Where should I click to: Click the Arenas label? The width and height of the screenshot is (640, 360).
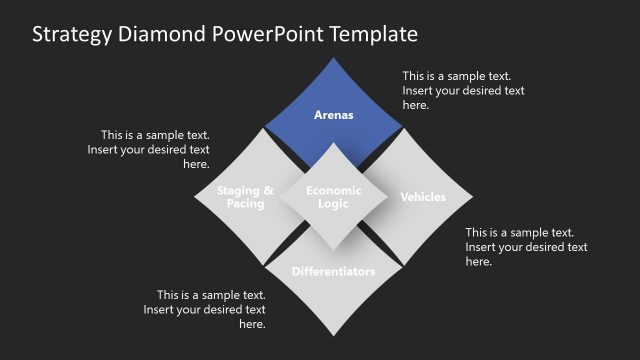[x=334, y=115]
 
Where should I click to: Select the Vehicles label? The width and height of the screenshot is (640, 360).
[x=423, y=197]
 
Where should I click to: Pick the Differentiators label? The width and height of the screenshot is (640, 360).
[x=334, y=272]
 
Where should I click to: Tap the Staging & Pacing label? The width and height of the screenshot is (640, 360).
[x=245, y=197]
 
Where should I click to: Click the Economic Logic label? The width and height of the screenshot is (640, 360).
[x=334, y=197]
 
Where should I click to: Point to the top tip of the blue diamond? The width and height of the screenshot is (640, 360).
[x=334, y=57]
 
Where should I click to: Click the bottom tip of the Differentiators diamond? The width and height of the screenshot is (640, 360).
[x=334, y=337]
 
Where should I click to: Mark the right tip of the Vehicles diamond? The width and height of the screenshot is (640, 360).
[x=473, y=197]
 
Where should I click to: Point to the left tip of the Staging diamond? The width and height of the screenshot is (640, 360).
[x=195, y=197]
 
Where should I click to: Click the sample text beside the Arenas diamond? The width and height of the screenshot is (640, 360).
[x=463, y=90]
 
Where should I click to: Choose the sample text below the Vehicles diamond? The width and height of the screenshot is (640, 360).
[x=526, y=247]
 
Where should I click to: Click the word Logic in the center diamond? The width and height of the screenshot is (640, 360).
[x=334, y=204]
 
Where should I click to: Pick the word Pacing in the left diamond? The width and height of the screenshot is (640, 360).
[x=245, y=204]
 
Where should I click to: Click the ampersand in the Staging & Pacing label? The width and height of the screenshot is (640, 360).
[x=267, y=190]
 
